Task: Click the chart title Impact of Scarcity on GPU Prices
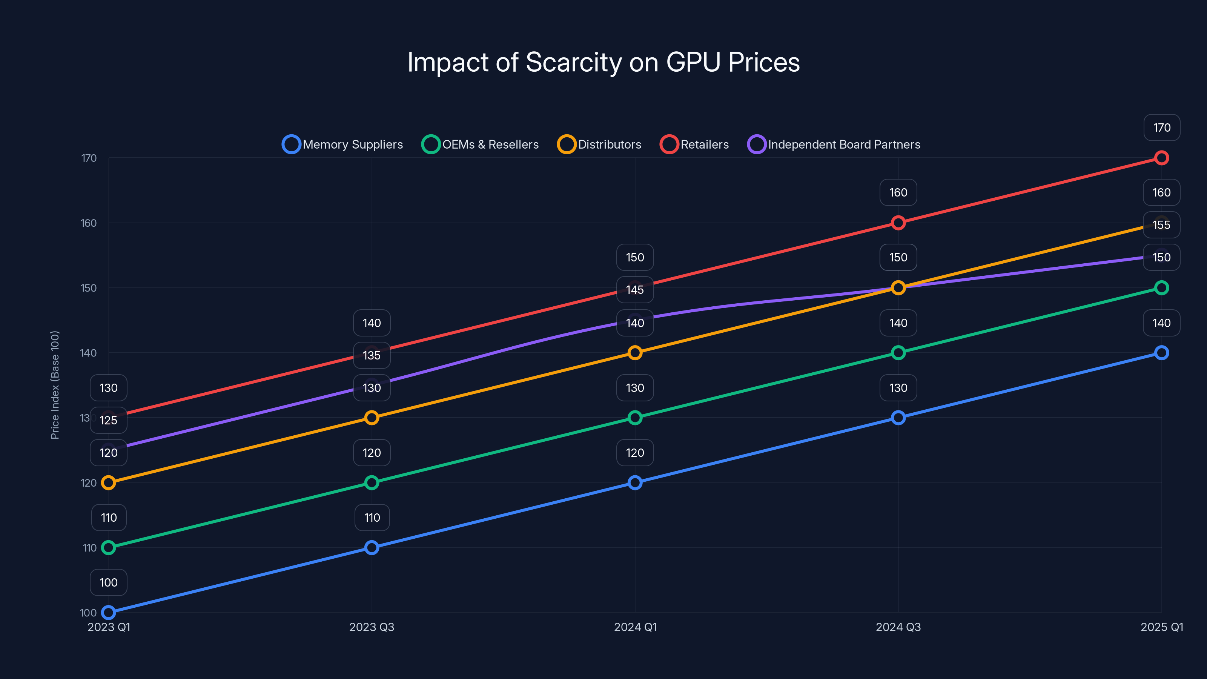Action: click(603, 62)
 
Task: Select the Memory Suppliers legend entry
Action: click(343, 144)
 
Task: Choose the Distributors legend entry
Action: click(599, 144)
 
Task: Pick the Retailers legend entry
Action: click(694, 144)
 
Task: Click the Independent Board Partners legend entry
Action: click(834, 144)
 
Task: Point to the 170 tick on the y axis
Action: click(89, 158)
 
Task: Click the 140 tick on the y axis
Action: click(89, 353)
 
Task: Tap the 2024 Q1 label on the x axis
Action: click(635, 627)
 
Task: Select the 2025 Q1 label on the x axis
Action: click(1162, 627)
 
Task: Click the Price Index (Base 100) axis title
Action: click(55, 385)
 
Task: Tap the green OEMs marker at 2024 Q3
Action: click(898, 353)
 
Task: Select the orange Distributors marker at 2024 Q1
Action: click(634, 353)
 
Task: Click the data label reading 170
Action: click(1162, 128)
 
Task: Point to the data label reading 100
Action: click(108, 582)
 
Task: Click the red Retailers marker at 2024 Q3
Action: click(898, 223)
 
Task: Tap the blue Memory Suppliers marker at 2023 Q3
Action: click(372, 547)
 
